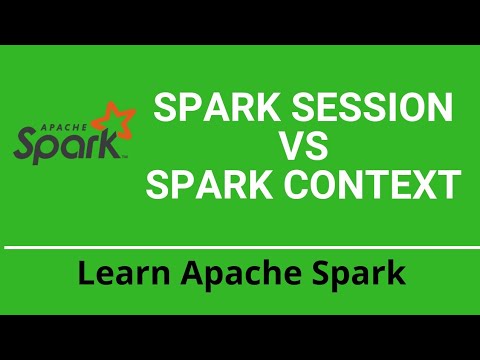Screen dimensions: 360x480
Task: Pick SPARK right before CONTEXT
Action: coord(200,186)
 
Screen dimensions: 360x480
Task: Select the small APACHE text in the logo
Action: coord(55,127)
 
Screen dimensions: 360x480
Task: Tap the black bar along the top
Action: coord(240,20)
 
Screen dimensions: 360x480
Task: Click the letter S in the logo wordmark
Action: coord(27,145)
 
